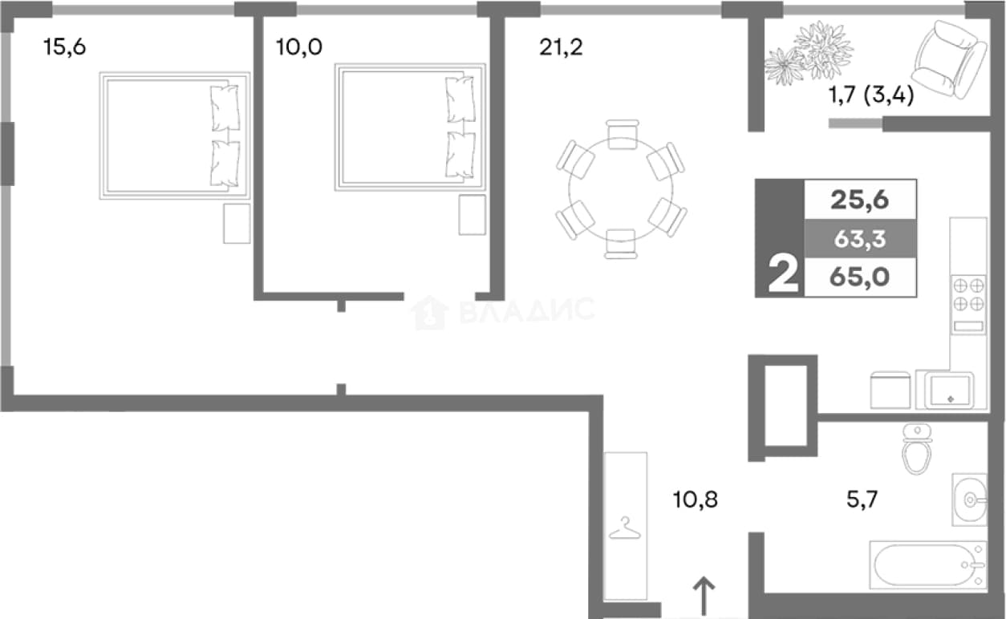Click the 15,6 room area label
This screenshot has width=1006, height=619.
tap(65, 47)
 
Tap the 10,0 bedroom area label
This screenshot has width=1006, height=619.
tap(298, 47)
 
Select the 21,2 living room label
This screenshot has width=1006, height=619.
tap(561, 47)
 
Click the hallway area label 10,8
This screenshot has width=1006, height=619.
tap(696, 500)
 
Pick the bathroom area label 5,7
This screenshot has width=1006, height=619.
tap(862, 500)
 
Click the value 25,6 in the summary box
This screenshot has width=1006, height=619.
tap(859, 200)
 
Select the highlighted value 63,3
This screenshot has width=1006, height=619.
tap(860, 239)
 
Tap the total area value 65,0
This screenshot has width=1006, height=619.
tap(859, 277)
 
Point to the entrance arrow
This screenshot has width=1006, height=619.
tap(704, 596)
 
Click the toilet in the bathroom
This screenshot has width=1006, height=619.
tap(917, 448)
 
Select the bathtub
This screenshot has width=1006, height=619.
tap(928, 564)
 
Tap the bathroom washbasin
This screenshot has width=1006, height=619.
tap(969, 500)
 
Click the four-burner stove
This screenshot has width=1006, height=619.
tap(968, 304)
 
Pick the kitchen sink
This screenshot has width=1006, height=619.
tap(951, 390)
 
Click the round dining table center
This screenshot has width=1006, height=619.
tap(621, 189)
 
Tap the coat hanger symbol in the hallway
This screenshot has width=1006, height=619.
tap(624, 528)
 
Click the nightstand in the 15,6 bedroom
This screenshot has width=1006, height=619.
tap(237, 224)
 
